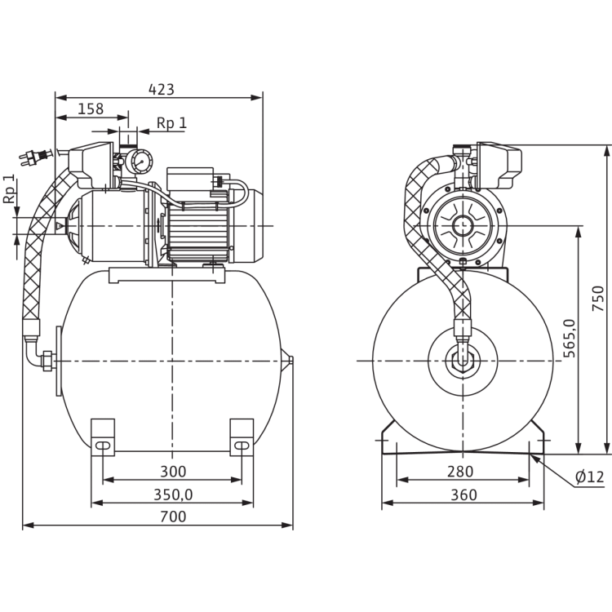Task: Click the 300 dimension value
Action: click(x=173, y=471)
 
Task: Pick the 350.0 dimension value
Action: click(x=172, y=494)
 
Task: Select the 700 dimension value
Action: click(x=173, y=517)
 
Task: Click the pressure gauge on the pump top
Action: click(x=136, y=161)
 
